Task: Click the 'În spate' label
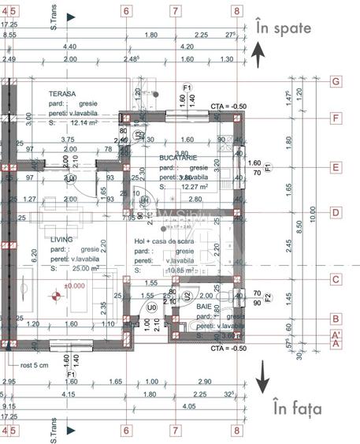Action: point(284,28)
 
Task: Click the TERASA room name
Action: point(61,94)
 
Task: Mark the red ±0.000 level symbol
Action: point(55,297)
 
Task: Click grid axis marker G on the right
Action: point(336,81)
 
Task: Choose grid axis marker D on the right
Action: point(336,212)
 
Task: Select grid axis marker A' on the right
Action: point(336,334)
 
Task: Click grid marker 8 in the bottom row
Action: point(236,431)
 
